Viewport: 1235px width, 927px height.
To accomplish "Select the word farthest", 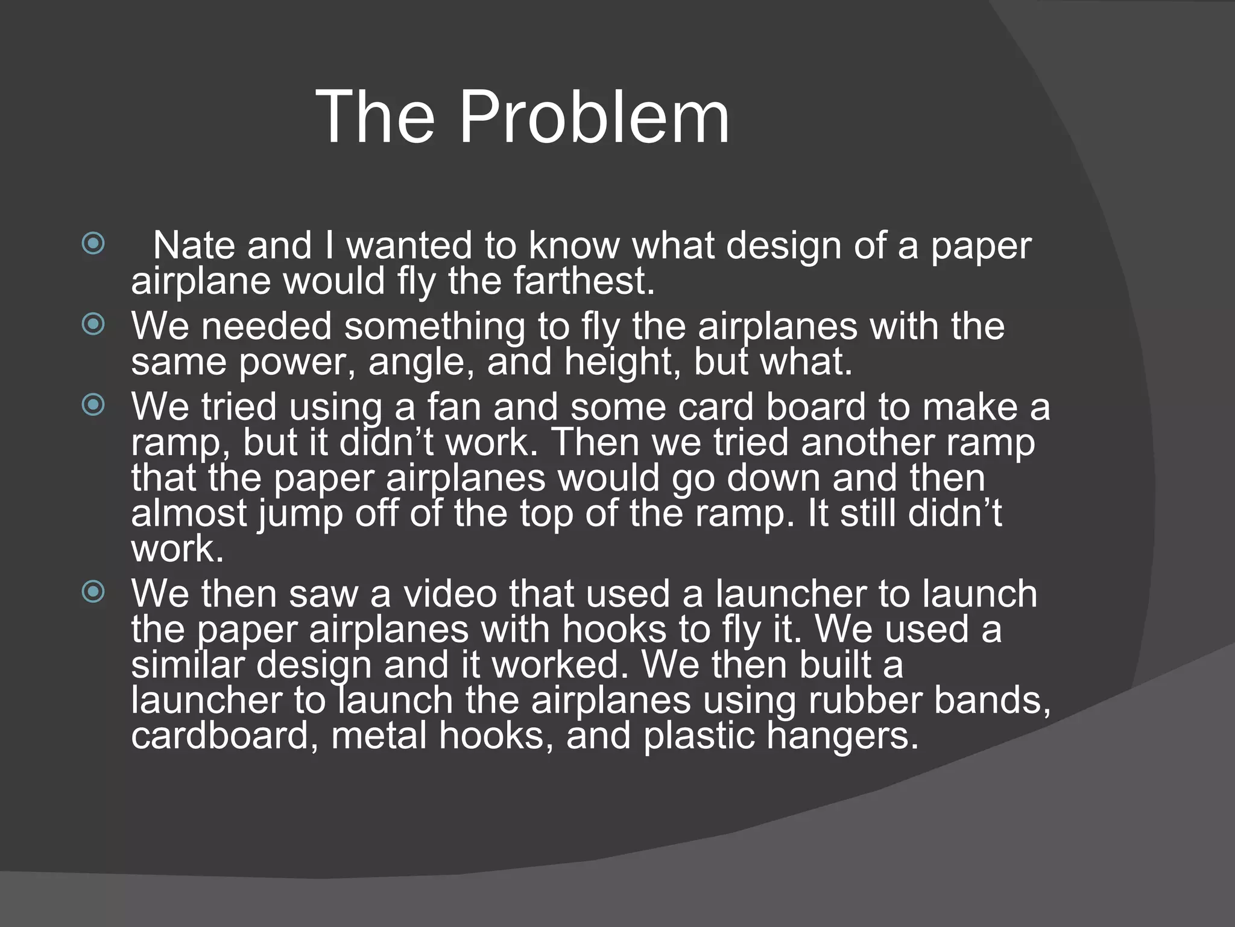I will point(584,281).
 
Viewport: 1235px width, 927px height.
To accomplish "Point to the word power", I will point(297,362).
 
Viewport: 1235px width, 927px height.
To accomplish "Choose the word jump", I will point(300,514).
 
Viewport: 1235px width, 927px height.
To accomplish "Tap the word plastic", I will point(698,736).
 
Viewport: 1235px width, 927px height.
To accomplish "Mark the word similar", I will point(188,664).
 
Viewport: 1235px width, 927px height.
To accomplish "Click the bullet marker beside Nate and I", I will point(93,244).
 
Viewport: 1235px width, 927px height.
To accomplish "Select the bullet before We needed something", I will point(93,325).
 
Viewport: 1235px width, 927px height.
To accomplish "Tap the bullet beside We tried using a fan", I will point(93,405).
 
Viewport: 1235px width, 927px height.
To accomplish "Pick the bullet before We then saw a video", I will point(93,592).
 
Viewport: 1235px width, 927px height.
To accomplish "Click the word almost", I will point(189,514).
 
